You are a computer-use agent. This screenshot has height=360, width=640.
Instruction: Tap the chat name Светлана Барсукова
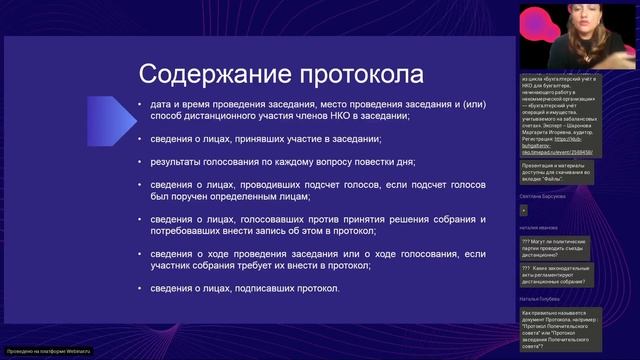[543, 197]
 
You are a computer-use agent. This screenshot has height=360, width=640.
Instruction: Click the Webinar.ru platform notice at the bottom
[47, 351]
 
